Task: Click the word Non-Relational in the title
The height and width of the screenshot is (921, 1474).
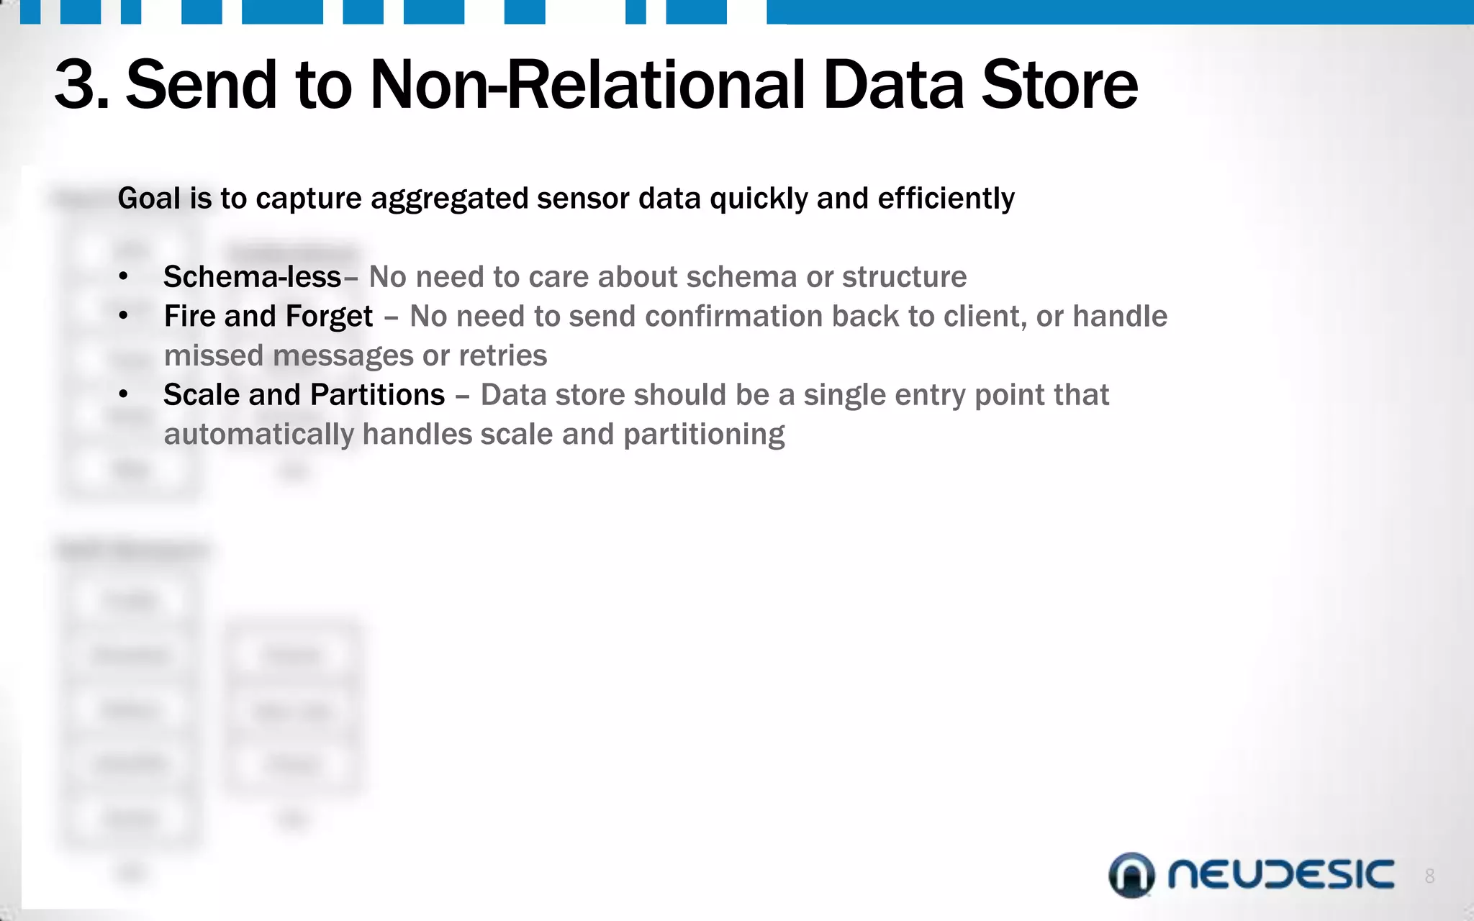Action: click(587, 85)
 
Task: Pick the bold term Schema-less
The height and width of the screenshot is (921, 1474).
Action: click(252, 276)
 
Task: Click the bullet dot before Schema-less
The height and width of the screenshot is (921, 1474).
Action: click(124, 277)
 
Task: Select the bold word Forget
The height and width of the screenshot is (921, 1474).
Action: click(329, 317)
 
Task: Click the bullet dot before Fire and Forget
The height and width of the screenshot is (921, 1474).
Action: click(124, 317)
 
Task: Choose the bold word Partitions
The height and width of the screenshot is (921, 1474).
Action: click(377, 395)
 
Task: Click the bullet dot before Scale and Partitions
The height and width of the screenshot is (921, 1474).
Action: click(124, 395)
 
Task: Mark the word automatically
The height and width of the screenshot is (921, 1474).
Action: click(258, 435)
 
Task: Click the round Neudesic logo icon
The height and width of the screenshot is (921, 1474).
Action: click(1131, 875)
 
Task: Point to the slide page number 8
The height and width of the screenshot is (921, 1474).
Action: click(1429, 876)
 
